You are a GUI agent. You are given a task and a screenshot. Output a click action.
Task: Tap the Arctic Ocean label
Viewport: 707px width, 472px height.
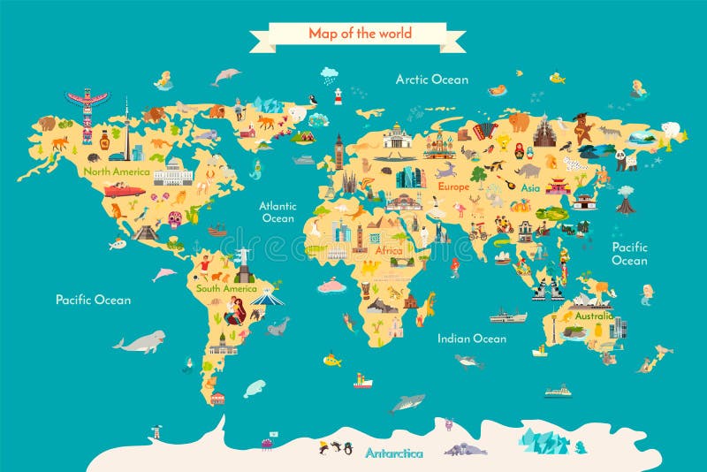[431, 80]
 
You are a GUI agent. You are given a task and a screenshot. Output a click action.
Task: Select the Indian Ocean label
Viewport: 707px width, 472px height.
[472, 339]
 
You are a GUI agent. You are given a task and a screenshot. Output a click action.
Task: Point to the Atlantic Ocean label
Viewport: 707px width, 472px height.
[277, 211]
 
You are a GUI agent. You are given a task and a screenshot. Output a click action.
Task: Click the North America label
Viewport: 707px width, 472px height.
[117, 171]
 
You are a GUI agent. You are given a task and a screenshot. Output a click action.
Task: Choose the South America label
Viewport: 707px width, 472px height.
[226, 288]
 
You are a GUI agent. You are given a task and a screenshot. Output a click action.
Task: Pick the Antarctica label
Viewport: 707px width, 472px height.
[394, 453]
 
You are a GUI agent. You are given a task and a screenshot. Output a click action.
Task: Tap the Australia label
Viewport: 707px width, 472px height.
[593, 316]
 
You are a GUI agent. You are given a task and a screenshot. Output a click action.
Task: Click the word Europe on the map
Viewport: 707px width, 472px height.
[453, 187]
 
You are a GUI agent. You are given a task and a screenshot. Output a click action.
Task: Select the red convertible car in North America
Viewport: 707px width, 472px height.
[124, 189]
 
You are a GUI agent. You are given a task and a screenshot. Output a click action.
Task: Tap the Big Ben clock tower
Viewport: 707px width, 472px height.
[338, 152]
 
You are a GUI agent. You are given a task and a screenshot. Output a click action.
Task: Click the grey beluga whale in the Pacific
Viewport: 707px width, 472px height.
[139, 341]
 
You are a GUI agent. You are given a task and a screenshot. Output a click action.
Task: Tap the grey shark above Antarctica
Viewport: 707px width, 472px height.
[407, 403]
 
